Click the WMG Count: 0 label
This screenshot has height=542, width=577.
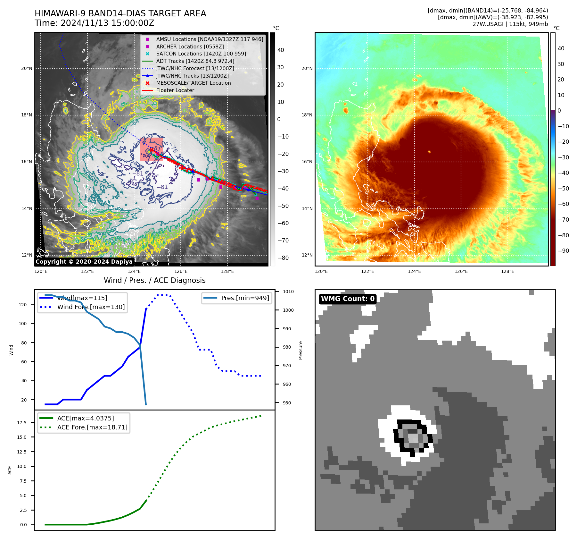[348, 299]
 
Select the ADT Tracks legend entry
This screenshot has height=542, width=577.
[195, 61]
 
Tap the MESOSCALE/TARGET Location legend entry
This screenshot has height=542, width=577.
[193, 83]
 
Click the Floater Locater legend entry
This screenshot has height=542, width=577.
[175, 90]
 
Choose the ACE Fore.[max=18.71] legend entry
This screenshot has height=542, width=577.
[92, 427]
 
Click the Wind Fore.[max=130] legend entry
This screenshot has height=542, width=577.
[91, 307]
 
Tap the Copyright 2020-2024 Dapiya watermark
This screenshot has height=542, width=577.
[84, 262]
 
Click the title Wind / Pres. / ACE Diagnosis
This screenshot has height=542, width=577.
[154, 280]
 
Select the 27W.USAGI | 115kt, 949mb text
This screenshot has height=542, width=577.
[510, 24]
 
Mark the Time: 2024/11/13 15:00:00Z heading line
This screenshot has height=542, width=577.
[95, 23]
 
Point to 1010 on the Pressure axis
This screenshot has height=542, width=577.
[288, 292]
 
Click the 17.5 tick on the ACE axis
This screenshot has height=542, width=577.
[22, 423]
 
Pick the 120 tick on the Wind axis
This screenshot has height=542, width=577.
[23, 305]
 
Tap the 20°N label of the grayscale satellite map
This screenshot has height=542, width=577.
[27, 68]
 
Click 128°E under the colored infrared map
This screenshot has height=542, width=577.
[507, 271]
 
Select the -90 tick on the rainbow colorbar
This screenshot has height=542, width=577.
[563, 251]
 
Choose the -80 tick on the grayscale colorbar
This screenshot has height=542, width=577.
[283, 258]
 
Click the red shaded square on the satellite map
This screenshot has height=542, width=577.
[151, 149]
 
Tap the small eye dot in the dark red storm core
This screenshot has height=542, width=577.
[429, 152]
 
